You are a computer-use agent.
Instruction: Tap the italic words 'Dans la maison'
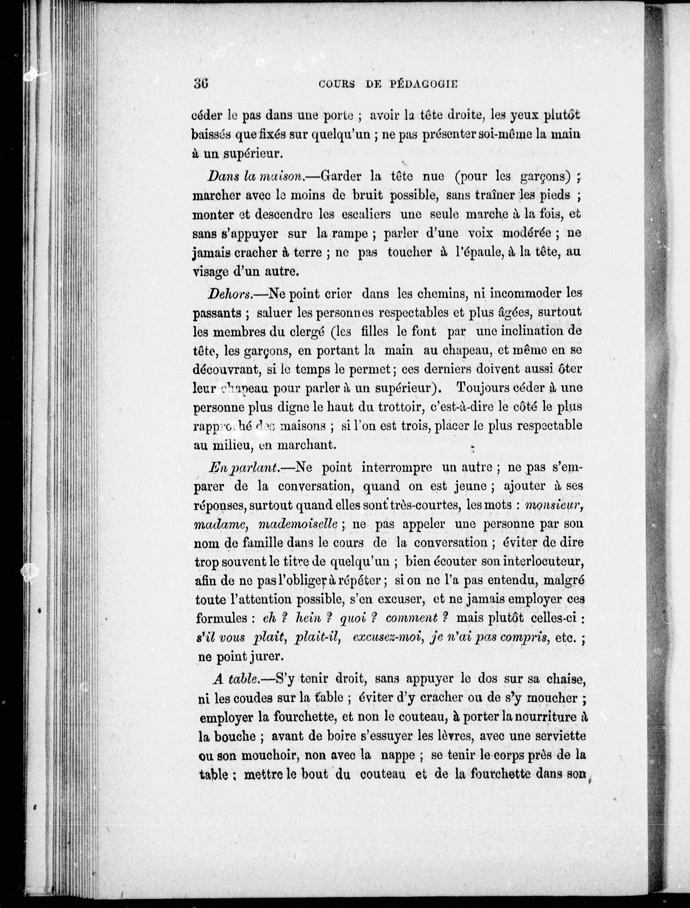coord(254,176)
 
